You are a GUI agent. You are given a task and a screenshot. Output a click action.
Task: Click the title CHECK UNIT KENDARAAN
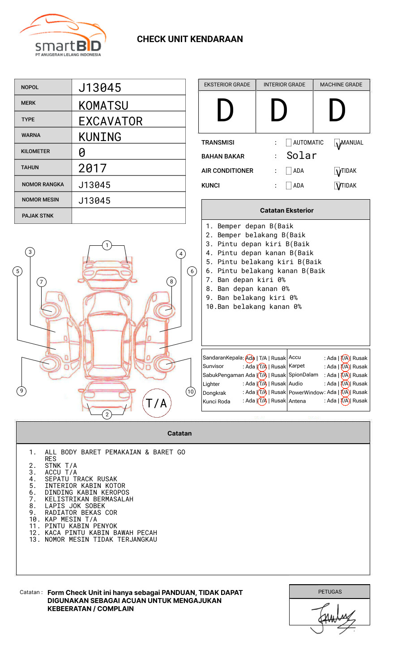click(x=190, y=39)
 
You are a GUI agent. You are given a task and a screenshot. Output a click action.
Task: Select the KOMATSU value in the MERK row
click(x=103, y=105)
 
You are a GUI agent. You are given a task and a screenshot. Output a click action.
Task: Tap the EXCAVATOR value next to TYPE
click(x=111, y=121)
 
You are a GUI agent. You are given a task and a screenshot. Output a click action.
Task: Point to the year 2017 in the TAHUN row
click(x=93, y=168)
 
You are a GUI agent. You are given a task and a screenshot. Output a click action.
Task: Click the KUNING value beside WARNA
click(x=100, y=137)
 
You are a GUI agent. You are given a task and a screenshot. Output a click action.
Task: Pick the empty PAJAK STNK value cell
click(x=128, y=216)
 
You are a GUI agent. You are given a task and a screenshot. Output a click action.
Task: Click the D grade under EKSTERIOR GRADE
click(x=225, y=111)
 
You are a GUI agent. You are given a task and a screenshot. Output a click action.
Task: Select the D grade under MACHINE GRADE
click(x=337, y=111)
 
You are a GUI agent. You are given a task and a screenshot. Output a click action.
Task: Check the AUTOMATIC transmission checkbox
click(x=289, y=143)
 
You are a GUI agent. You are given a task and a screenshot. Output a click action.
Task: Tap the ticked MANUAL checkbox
click(x=337, y=143)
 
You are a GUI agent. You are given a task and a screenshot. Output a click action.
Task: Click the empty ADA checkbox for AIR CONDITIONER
click(x=289, y=171)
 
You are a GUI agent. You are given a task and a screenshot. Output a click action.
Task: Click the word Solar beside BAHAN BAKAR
click(x=302, y=156)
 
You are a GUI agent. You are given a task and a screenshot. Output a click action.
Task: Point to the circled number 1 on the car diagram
click(x=107, y=245)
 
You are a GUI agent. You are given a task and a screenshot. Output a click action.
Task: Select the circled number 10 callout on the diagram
click(x=191, y=392)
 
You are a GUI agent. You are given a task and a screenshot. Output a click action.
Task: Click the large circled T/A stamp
click(x=157, y=403)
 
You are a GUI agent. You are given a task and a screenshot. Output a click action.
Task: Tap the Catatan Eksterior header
click(x=286, y=210)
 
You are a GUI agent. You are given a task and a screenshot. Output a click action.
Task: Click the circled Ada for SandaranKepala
click(x=250, y=358)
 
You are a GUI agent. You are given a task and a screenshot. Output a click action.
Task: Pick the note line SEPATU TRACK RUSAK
click(x=81, y=479)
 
